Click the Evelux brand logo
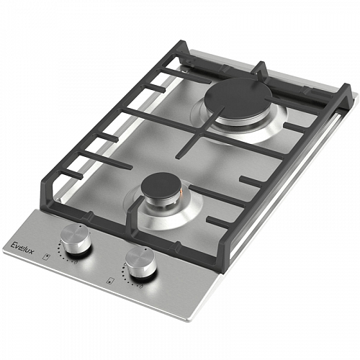[23, 248]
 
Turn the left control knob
[76, 238]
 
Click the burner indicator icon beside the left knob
[48, 256]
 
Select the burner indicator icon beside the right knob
[111, 281]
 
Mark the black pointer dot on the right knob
[145, 250]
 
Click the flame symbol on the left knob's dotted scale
[76, 262]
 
